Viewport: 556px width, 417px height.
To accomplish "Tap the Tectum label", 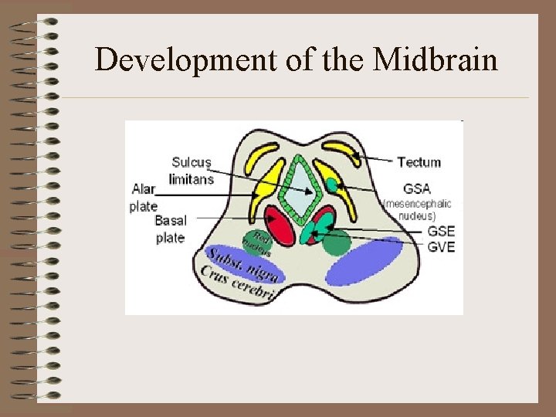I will pos(419,162).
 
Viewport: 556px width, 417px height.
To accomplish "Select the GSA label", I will pos(416,189).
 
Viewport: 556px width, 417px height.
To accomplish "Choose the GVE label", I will pos(441,247).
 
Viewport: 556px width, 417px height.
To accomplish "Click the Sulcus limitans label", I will pos(191,170).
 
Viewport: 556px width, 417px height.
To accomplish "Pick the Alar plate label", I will pos(144,198).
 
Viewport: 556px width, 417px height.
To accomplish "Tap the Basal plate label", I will pos(171,229).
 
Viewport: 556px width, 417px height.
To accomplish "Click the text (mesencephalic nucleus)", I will pos(417,210).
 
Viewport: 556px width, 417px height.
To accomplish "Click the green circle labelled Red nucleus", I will pos(257,242).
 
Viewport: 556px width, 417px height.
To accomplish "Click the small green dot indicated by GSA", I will pos(331,185).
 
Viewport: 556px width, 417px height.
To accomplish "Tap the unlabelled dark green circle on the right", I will pos(336,242).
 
